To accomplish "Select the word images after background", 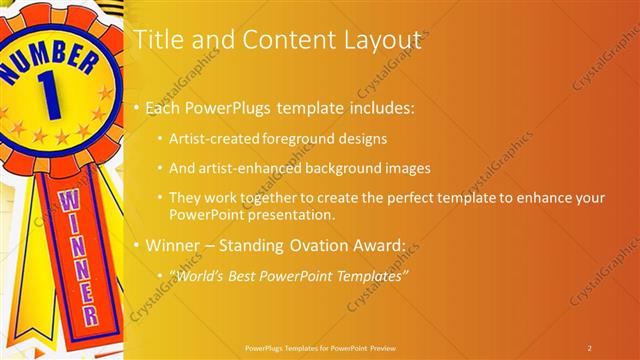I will [407, 168].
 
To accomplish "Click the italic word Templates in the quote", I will [369, 275].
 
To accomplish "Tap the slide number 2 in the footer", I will [589, 347].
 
